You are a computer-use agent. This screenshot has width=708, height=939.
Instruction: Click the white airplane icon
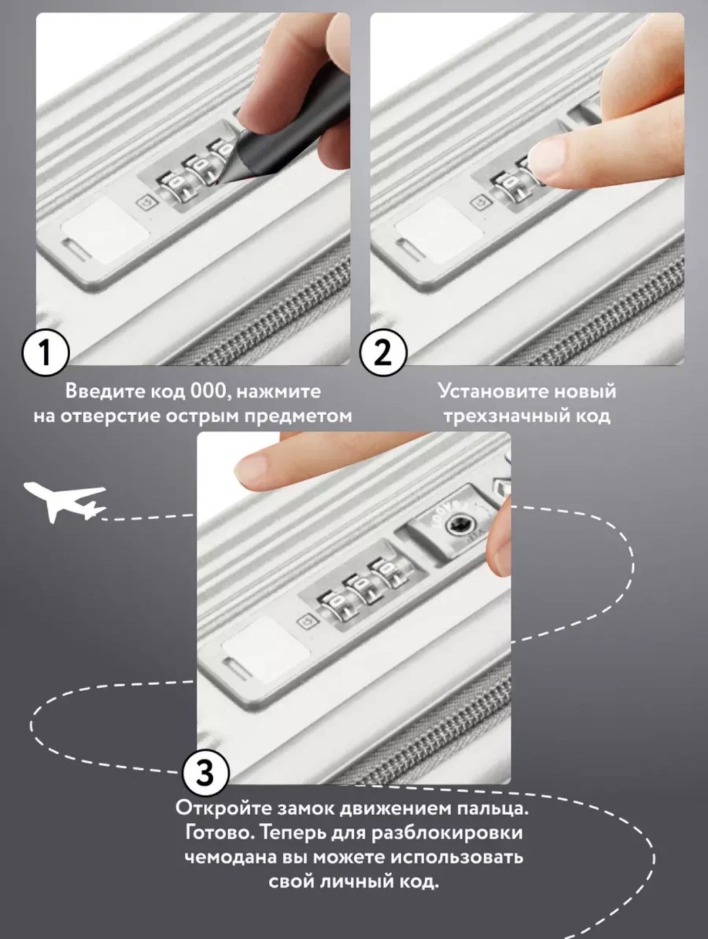click(x=64, y=502)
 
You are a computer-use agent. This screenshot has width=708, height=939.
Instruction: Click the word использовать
click(x=458, y=858)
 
